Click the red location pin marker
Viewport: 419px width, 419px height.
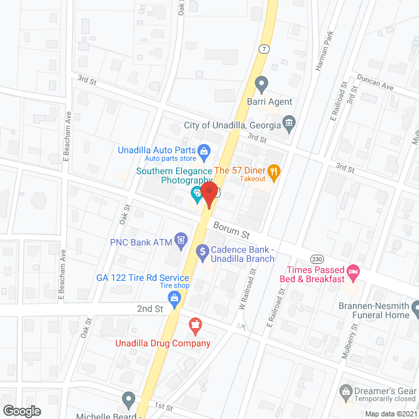[209, 194]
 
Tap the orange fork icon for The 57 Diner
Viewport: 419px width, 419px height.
[274, 171]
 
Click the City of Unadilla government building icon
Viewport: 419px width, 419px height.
[289, 122]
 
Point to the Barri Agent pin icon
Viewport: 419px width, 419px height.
[261, 84]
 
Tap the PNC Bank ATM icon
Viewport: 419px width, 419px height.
[181, 241]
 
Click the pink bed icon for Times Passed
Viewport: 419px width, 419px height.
[354, 270]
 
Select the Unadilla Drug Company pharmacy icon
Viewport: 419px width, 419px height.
[194, 324]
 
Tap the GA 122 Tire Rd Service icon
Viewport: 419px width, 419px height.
[174, 299]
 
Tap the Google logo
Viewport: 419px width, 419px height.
[21, 410]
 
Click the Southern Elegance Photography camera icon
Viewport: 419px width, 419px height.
[195, 194]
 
